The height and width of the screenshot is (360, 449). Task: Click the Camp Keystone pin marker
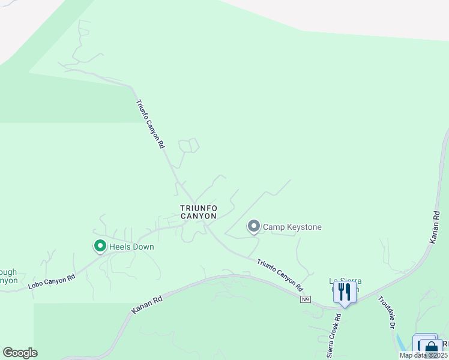254,226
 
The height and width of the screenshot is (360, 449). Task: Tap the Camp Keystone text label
292,227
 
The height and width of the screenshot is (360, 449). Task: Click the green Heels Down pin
100,246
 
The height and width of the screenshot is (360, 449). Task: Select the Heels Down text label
131,247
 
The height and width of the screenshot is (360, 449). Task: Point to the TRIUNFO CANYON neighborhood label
199,212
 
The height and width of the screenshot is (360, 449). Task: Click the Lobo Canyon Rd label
52,281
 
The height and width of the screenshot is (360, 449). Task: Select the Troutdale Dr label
385,313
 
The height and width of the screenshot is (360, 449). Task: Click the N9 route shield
306,299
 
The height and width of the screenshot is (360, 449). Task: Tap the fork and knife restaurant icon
344,292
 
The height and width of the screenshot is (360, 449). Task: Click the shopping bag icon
430,349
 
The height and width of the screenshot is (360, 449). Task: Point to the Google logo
20,353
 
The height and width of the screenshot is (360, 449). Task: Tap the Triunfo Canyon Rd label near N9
280,275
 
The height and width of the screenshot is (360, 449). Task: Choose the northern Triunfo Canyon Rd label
150,124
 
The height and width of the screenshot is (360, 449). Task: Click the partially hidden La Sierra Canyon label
345,281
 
